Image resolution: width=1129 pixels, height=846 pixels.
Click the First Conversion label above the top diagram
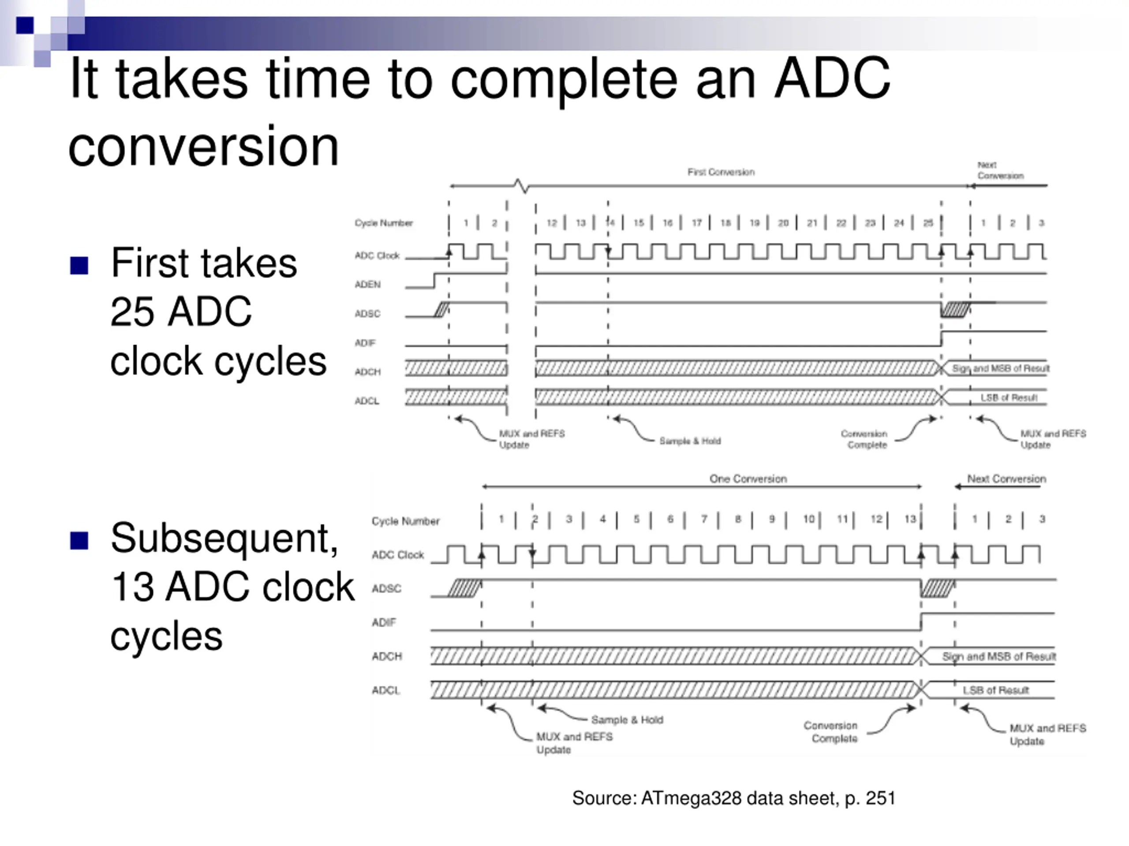pos(721,172)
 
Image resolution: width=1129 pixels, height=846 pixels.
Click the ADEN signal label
pos(367,285)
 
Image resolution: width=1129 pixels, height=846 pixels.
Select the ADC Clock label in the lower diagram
pos(398,555)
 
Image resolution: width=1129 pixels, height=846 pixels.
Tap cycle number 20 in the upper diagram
pos(783,223)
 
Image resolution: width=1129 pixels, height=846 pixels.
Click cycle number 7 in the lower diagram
pos(704,519)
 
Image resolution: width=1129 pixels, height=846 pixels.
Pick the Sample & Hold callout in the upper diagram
pos(690,441)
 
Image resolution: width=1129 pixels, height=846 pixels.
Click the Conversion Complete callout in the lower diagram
pos(830,732)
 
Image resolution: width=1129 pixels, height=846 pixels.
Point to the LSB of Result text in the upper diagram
pos(1009,398)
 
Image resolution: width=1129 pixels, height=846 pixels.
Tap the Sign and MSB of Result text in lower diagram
pos(998,656)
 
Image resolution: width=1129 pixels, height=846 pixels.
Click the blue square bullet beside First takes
pos(79,265)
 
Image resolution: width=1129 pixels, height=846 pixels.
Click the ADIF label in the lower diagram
pos(384,622)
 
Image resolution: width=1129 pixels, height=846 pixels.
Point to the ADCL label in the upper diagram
pos(367,401)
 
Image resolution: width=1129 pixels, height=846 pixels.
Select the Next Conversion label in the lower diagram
pos(1006,479)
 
